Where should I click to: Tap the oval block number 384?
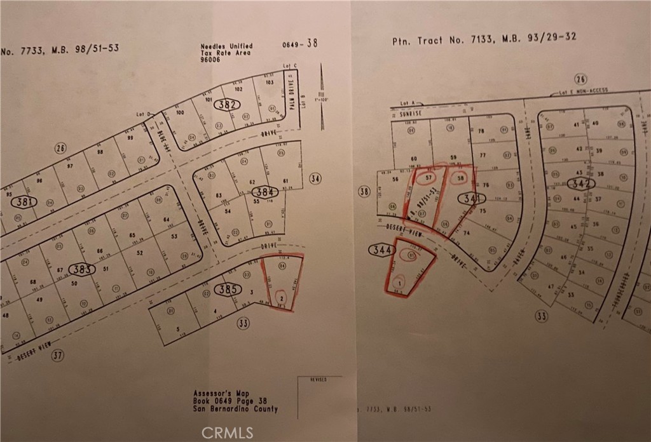click(263, 191)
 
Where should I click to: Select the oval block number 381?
click(26, 202)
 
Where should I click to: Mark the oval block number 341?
click(471, 199)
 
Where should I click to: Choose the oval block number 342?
click(582, 184)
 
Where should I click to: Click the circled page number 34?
click(315, 178)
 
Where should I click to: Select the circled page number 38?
click(364, 191)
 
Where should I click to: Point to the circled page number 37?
click(58, 356)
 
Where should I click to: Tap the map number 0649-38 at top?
click(299, 44)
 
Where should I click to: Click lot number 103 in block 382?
click(268, 83)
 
